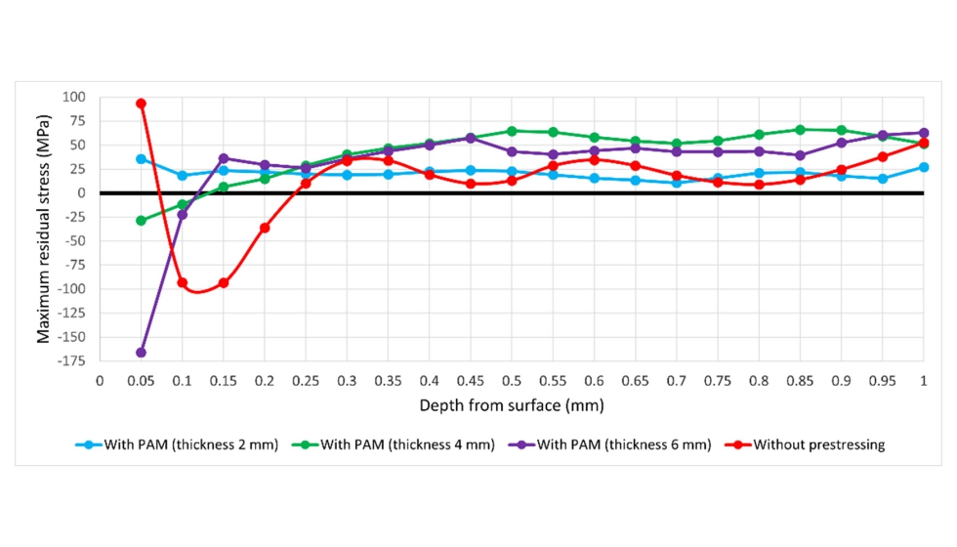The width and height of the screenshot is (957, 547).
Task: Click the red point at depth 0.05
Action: click(141, 103)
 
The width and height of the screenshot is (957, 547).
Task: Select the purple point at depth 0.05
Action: click(141, 353)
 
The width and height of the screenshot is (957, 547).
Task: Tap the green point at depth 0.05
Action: click(141, 221)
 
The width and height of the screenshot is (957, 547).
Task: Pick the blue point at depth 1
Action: click(924, 167)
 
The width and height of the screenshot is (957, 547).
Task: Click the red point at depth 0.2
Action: click(265, 228)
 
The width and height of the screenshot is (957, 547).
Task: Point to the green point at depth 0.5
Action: click(512, 131)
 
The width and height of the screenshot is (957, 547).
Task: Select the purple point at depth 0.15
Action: click(224, 158)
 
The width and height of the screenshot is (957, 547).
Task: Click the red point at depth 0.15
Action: click(224, 283)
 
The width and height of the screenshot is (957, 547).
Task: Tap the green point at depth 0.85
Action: click(800, 130)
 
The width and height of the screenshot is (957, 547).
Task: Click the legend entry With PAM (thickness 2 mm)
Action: click(177, 444)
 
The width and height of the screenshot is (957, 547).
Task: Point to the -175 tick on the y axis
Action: click(70, 361)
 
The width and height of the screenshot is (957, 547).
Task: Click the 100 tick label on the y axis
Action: click(74, 97)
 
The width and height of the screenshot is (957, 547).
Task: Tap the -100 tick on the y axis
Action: click(70, 289)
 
